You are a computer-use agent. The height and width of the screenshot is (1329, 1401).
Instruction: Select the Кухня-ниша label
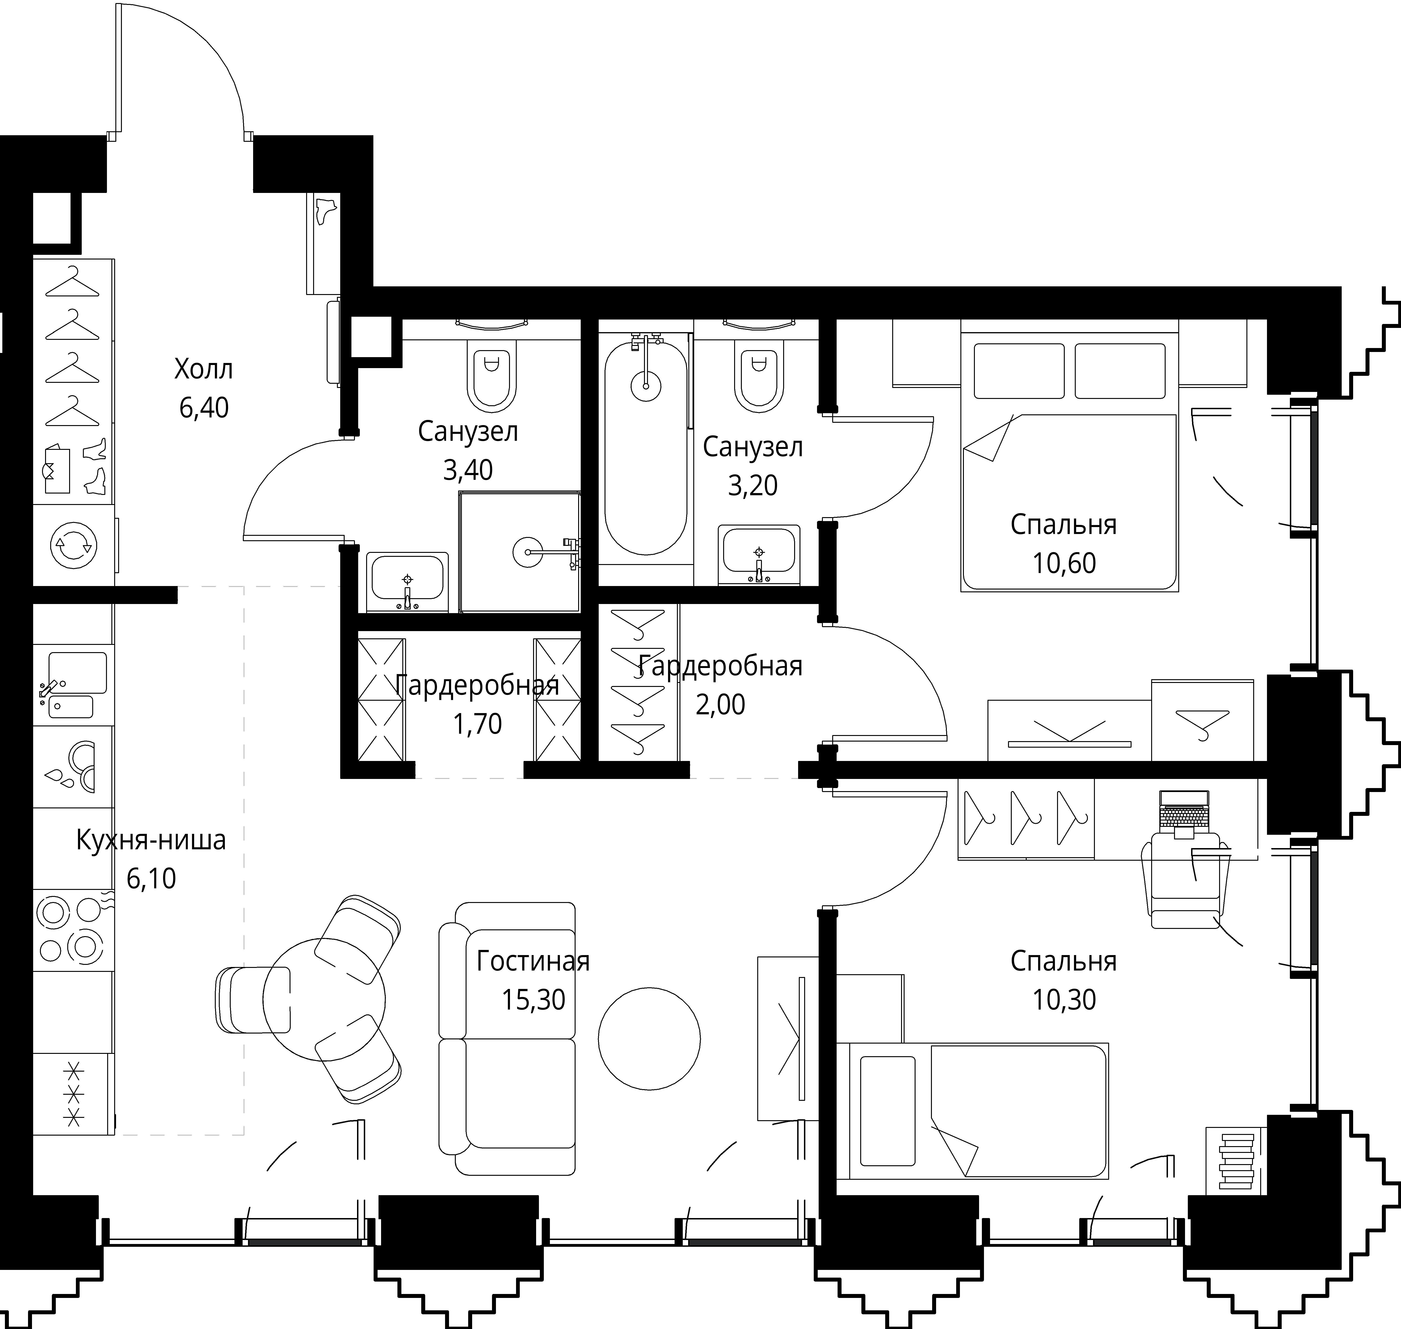pos(151,840)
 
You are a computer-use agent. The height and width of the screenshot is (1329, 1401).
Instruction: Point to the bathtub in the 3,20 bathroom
pos(645,446)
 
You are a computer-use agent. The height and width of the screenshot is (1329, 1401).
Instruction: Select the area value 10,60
pos(1064,563)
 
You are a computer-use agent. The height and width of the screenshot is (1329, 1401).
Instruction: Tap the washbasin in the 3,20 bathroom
pos(759,554)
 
